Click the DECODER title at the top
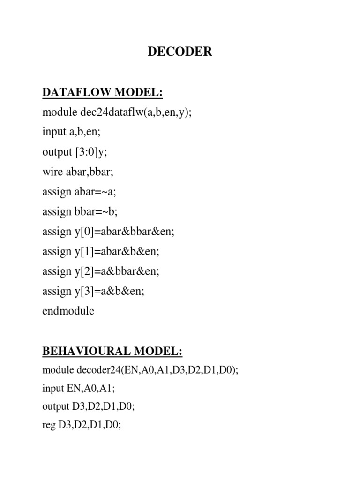click(180, 52)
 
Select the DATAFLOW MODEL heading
click(102, 93)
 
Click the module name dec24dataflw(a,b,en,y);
click(131, 112)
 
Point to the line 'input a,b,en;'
click(71, 132)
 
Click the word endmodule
click(68, 311)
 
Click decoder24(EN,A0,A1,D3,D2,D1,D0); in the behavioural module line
click(157, 370)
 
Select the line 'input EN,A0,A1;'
click(78, 389)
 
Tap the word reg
click(49, 427)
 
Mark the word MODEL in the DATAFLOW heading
click(138, 93)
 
